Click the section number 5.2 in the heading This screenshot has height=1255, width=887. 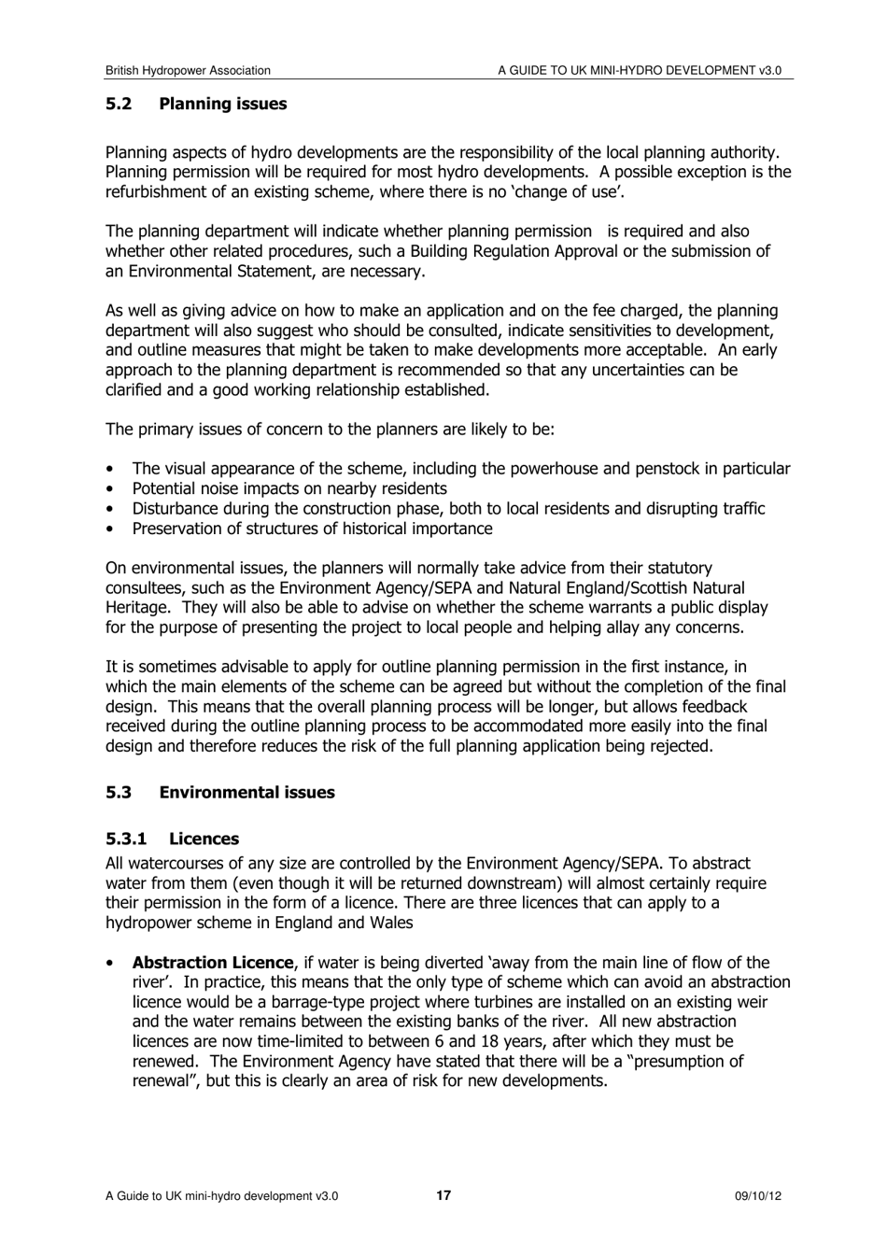(119, 105)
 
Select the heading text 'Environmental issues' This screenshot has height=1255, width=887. (246, 793)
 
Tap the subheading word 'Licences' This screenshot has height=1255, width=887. (204, 839)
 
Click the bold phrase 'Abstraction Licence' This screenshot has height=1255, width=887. (213, 963)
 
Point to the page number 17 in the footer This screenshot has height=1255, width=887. (443, 1196)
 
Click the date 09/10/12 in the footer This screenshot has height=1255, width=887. (757, 1196)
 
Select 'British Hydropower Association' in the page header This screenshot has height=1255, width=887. (188, 71)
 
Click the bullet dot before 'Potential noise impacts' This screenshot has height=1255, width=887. (112, 489)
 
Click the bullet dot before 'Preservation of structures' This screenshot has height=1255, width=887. (112, 529)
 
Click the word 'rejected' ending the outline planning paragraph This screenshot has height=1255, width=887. (681, 746)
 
